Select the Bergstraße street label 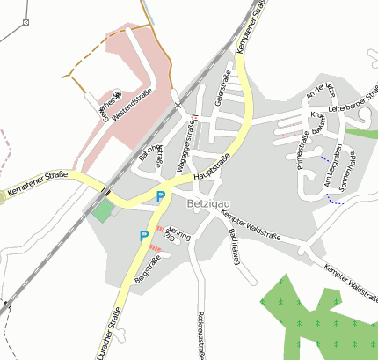pyautogui.click(x=138, y=268)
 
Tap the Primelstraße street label pyautogui.click(x=302, y=150)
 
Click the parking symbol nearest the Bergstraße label pyautogui.click(x=143, y=236)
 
